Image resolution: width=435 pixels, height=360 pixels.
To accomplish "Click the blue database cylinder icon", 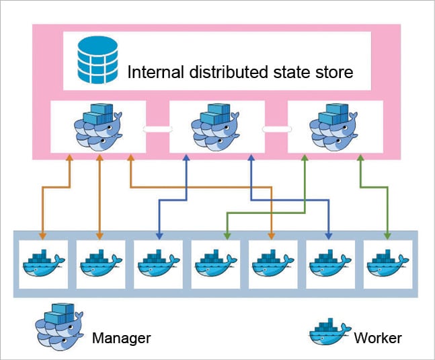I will point(97,61).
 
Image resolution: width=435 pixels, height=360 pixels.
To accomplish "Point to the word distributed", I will point(224,72).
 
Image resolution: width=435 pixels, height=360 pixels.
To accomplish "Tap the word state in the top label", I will point(287,72).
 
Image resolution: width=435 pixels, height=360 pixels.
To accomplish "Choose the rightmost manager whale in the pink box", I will point(333,127).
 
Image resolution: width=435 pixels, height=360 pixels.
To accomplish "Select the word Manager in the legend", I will point(121,337).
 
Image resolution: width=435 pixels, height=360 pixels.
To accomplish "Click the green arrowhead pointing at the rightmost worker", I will point(387,236).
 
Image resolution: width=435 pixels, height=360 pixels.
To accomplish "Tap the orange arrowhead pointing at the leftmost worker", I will point(42,236).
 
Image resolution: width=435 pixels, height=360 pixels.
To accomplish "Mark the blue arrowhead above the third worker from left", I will point(159,236).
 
